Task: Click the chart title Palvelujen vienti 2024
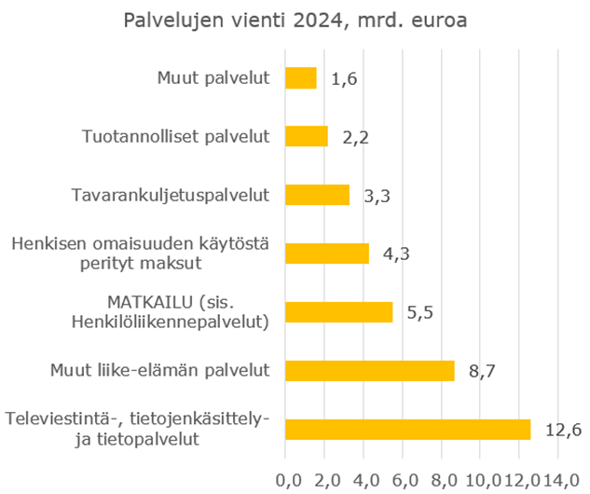coord(294,21)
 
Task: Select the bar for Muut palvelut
coord(300,78)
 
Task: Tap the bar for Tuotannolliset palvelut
coord(306,137)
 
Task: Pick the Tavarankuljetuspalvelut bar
coord(317,195)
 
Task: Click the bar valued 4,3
coord(326,254)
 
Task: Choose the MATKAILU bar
coord(338,312)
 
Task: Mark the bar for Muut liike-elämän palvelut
coord(369,370)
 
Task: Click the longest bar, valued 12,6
coord(407,429)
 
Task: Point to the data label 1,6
coord(344,79)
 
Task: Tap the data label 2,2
coord(355,138)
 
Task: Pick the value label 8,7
coord(481,371)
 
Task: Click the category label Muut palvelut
coord(213,78)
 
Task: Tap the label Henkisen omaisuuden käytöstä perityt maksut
coord(141,254)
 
